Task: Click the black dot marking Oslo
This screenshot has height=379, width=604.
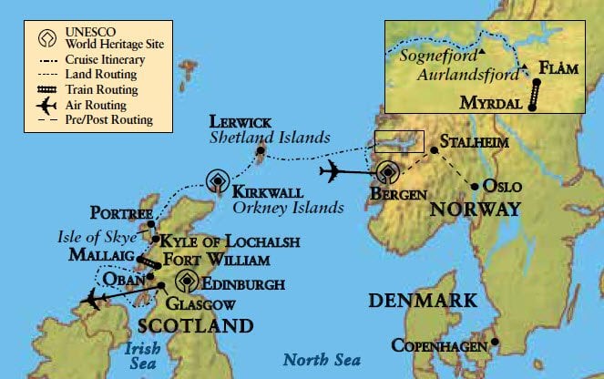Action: pyautogui.click(x=476, y=188)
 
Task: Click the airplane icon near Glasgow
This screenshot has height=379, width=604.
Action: pyautogui.click(x=94, y=297)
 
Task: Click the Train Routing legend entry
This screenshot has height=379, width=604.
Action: pyautogui.click(x=100, y=89)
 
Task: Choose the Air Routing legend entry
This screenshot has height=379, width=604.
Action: pyautogui.click(x=94, y=104)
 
